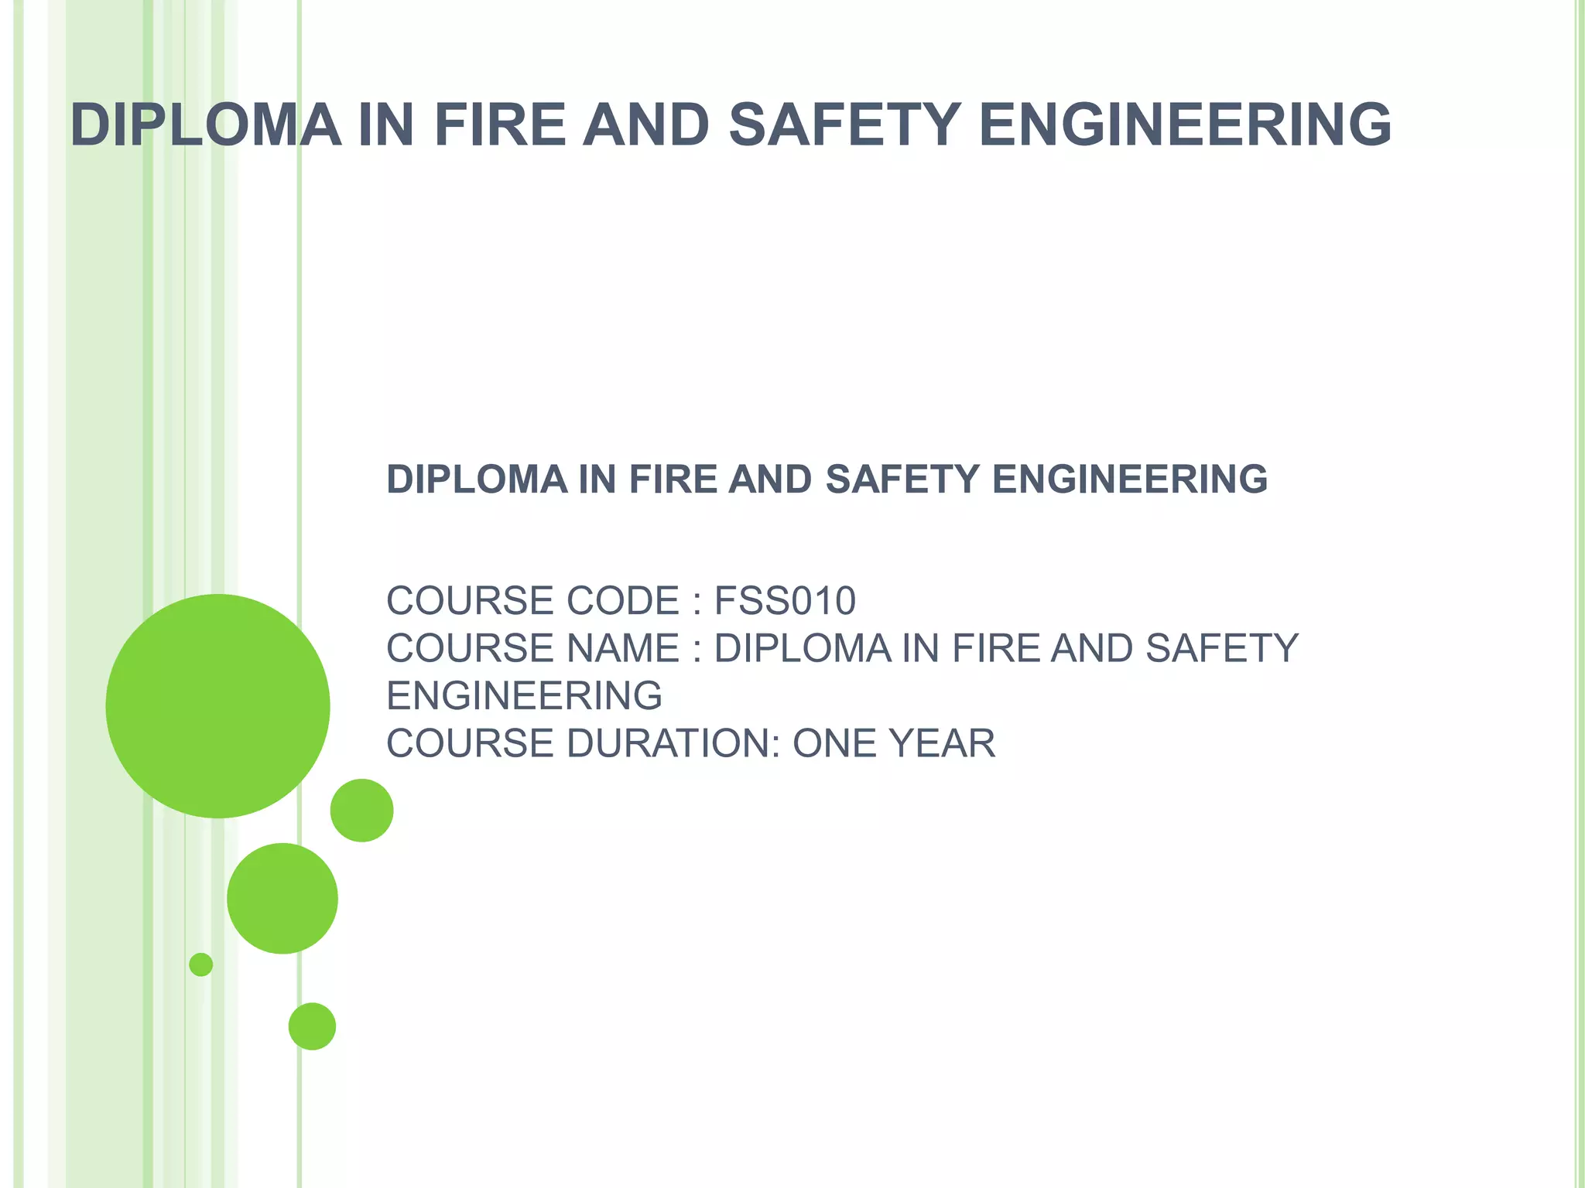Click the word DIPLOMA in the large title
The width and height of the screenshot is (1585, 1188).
tap(206, 125)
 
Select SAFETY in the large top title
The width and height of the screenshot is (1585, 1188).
tap(845, 125)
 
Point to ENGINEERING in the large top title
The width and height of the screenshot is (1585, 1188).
tap(1185, 125)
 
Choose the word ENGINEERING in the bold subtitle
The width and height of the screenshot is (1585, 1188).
tap(1130, 480)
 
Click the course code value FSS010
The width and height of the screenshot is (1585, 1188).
tap(785, 601)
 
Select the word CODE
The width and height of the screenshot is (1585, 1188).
tap(623, 601)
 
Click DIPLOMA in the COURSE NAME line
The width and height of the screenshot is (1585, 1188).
tap(803, 648)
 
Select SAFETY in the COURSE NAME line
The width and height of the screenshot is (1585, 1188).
tap(1222, 648)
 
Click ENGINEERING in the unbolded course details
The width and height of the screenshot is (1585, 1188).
tap(524, 696)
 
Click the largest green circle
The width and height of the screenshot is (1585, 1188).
tap(217, 705)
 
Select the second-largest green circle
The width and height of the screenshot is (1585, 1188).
tap(282, 898)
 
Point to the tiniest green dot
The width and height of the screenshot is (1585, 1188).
tap(201, 964)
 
